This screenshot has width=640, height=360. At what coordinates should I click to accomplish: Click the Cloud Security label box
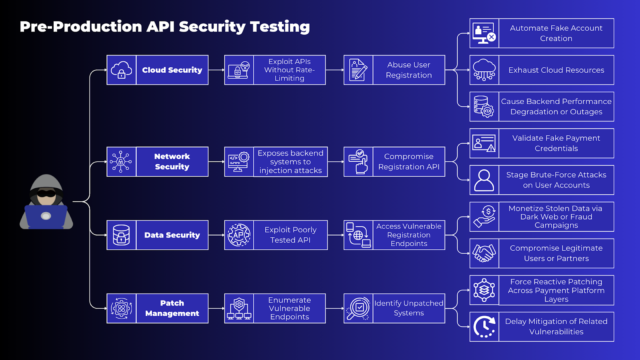[172, 70]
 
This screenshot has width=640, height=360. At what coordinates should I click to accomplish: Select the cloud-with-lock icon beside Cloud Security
[121, 70]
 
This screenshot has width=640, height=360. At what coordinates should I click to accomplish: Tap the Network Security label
[172, 162]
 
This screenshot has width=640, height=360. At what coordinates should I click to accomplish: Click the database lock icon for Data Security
[121, 235]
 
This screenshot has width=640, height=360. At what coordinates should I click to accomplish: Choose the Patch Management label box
[172, 308]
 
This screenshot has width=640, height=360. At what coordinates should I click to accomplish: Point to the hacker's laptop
[46, 216]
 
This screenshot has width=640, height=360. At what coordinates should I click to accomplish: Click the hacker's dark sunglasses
[46, 194]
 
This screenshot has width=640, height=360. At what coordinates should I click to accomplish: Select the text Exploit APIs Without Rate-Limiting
[289, 70]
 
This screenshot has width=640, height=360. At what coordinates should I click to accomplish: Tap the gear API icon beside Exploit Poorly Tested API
[239, 235]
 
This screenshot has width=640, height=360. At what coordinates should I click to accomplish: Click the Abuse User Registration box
[408, 70]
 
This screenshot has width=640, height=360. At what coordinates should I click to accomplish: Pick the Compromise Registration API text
[408, 162]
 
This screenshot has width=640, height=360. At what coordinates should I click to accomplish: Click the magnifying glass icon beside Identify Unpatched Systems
[358, 308]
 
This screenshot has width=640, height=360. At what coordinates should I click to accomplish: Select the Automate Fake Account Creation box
[556, 33]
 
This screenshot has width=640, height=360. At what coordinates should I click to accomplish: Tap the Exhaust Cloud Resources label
[556, 70]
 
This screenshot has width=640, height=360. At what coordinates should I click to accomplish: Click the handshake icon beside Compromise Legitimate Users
[484, 253]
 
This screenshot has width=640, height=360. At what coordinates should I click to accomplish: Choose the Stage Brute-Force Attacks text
[556, 180]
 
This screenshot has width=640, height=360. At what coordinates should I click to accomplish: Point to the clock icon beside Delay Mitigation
[484, 326]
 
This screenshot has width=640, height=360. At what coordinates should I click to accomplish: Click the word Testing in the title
[280, 27]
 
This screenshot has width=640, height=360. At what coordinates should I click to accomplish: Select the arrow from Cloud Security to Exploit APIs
[216, 70]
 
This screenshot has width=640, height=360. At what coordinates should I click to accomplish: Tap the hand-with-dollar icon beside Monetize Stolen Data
[484, 216]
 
